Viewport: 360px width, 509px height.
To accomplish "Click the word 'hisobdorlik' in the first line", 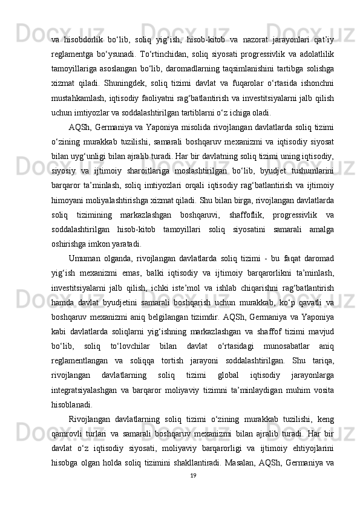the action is pos(89,23).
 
